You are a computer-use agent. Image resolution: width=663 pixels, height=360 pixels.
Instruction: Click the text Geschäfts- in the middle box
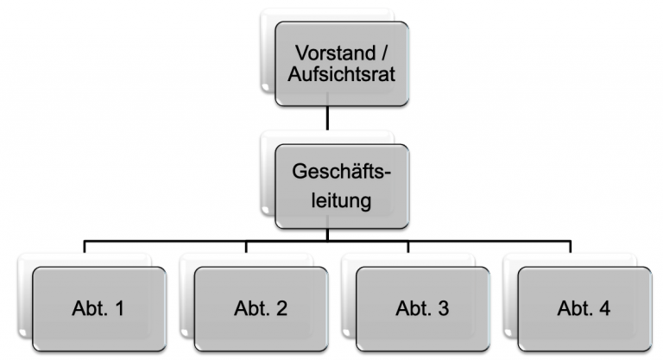tap(342, 173)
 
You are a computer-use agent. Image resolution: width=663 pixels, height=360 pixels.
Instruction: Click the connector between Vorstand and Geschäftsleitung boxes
tap(327, 119)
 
